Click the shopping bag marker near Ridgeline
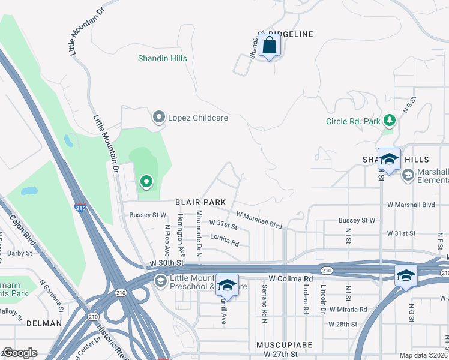(270, 46)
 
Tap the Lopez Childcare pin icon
(159, 118)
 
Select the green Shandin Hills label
(162, 58)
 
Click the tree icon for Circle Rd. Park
(390, 121)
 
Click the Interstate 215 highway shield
(80, 208)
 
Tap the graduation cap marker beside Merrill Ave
(227, 286)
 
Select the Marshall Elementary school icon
(408, 175)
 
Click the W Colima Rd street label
(291, 279)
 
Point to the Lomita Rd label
(225, 240)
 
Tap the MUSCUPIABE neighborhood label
(281, 346)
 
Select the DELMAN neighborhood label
(44, 323)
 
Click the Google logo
(20, 352)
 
